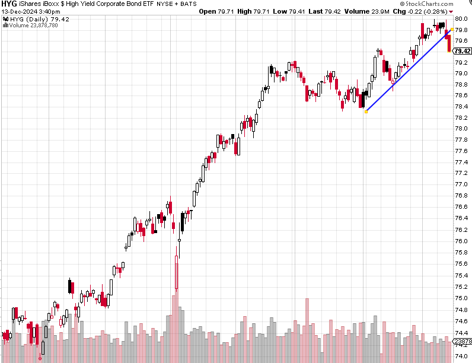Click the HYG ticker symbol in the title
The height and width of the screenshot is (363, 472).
coord(9,4)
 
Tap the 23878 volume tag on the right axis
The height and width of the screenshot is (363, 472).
coord(462,342)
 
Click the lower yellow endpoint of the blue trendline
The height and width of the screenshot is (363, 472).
coord(366,112)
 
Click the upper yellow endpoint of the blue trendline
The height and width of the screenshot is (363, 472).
coord(452,29)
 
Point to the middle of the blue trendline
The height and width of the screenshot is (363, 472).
coord(409,70)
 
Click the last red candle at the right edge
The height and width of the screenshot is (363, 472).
coord(449,43)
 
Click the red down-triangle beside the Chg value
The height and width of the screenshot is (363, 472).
coord(451,12)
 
